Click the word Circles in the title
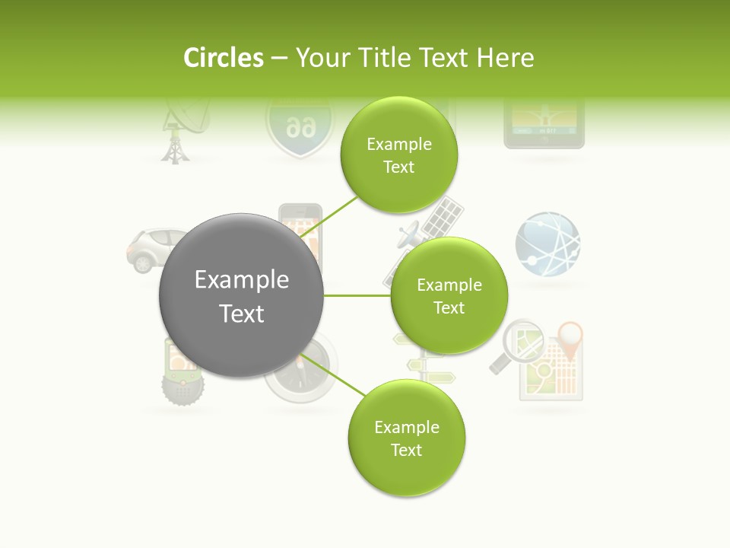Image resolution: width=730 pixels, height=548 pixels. (x=223, y=58)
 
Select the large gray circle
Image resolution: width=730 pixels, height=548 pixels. (x=241, y=296)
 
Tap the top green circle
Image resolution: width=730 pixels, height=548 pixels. (x=398, y=155)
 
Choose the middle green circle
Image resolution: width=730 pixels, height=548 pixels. (x=449, y=296)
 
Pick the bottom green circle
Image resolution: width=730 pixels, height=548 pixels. (x=406, y=438)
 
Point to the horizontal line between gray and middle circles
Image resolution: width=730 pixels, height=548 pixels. (x=357, y=295)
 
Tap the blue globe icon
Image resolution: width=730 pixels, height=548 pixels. (x=547, y=244)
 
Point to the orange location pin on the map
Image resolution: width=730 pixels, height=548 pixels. (x=570, y=337)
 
